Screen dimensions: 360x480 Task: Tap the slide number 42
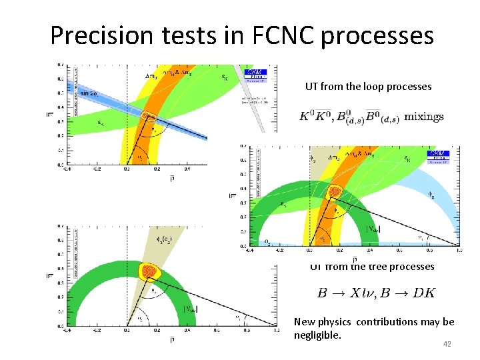(447, 344)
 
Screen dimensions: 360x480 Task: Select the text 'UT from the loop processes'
(369, 86)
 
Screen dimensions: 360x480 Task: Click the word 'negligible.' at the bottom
(317, 335)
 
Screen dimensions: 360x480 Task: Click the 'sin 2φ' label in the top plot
(89, 93)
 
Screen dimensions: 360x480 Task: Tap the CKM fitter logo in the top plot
(257, 74)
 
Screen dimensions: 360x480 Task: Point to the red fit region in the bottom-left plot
(149, 271)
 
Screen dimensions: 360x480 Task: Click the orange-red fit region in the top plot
(149, 117)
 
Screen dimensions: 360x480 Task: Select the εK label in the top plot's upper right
(223, 77)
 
